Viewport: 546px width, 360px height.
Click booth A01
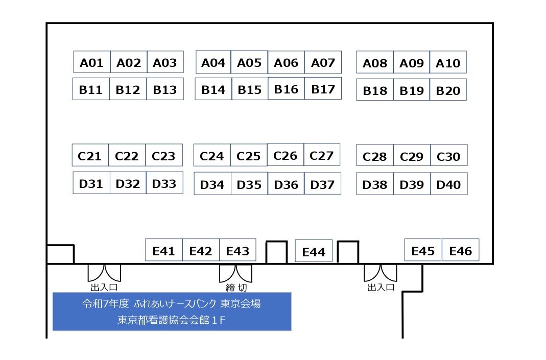click(x=92, y=62)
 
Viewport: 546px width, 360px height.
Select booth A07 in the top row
click(x=323, y=62)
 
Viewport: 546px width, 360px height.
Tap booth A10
click(x=448, y=62)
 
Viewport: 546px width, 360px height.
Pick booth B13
click(x=164, y=89)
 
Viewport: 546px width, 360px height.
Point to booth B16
click(x=286, y=88)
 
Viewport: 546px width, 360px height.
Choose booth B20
click(x=448, y=89)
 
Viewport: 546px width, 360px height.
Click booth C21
click(x=90, y=155)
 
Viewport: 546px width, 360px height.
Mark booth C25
click(x=249, y=155)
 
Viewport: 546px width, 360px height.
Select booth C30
click(x=449, y=155)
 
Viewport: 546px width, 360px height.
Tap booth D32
click(x=128, y=183)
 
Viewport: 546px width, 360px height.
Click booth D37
click(x=322, y=183)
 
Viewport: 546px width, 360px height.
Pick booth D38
click(x=375, y=183)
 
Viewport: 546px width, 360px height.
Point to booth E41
click(x=163, y=250)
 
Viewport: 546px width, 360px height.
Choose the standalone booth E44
click(x=314, y=251)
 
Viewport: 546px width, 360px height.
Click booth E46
click(x=460, y=250)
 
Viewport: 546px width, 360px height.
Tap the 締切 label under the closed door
click(x=236, y=287)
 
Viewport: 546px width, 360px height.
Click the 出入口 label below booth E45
click(x=381, y=287)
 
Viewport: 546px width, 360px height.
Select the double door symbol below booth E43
click(x=236, y=273)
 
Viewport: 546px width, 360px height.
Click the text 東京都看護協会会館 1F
click(x=171, y=320)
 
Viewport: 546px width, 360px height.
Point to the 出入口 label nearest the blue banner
click(x=104, y=287)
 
